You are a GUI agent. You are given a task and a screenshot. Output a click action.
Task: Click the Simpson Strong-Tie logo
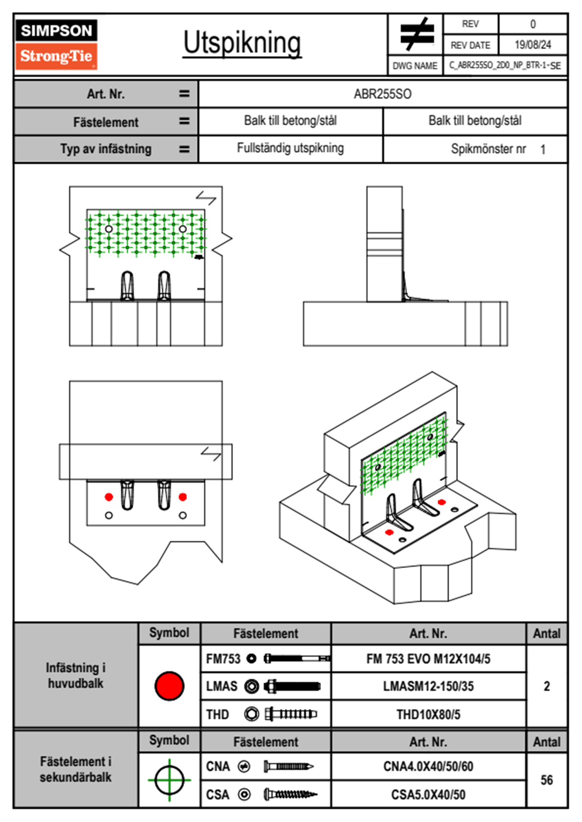[56, 44]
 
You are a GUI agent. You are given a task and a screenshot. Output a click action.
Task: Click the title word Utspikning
[242, 43]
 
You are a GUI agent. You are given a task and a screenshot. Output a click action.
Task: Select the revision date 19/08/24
[533, 45]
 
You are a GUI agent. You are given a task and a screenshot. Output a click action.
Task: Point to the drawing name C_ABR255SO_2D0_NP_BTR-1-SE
[505, 65]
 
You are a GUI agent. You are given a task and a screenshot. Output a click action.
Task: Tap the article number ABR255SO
[382, 94]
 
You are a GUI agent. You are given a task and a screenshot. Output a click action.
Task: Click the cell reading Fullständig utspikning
[290, 148]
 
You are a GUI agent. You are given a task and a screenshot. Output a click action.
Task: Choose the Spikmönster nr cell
[489, 149]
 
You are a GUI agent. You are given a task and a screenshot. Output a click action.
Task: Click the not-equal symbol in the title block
[416, 34]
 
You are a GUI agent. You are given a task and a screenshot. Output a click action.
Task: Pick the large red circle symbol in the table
[169, 686]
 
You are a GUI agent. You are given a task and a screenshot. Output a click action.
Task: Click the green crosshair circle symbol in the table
[169, 779]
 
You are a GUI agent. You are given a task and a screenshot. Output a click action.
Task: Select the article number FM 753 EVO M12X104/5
[428, 659]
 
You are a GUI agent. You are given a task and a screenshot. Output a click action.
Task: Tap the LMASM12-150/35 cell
[428, 686]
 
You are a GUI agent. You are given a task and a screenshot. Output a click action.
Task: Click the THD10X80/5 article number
[428, 714]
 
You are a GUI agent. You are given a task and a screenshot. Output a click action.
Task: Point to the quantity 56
[546, 780]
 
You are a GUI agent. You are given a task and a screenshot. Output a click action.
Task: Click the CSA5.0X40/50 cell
[428, 795]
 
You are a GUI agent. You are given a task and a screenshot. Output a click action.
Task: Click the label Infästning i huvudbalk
[76, 675]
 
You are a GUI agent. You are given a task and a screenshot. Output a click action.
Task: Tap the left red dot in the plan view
[109, 497]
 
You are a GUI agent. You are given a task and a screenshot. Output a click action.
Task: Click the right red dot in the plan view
[182, 497]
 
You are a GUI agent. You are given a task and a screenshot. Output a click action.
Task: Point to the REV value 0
[533, 24]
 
